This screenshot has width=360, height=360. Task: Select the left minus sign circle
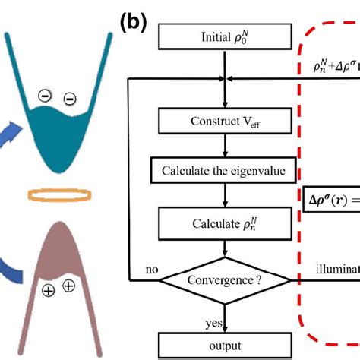pos(47,96)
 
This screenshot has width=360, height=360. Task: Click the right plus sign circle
pos(68,286)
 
